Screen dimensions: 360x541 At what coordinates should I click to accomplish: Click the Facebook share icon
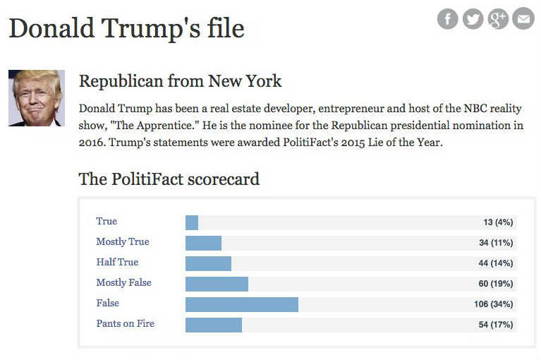448,19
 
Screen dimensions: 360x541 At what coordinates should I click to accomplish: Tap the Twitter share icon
473,19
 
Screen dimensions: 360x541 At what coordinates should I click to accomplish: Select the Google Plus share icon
498,19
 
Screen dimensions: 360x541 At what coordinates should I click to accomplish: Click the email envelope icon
523,19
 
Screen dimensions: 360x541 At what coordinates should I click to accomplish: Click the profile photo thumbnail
37,98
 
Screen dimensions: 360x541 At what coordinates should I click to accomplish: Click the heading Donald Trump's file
126,28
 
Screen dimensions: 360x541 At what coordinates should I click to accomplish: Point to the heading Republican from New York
180,81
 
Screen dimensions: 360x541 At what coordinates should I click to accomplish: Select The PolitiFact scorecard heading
169,179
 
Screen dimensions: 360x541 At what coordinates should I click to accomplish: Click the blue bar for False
241,304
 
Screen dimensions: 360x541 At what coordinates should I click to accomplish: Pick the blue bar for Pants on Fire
213,325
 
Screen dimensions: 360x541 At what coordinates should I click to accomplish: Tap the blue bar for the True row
192,222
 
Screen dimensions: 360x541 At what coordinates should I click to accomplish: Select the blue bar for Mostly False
217,284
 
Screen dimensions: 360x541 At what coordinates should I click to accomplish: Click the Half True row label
117,262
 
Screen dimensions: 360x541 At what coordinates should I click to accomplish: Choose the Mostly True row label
123,241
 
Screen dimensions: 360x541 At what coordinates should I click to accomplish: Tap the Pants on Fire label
125,323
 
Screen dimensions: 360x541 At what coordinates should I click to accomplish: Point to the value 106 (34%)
493,304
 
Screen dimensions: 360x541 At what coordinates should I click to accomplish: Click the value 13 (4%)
498,222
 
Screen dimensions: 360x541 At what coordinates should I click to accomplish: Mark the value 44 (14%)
495,263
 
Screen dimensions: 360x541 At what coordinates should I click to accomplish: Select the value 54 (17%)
495,325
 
